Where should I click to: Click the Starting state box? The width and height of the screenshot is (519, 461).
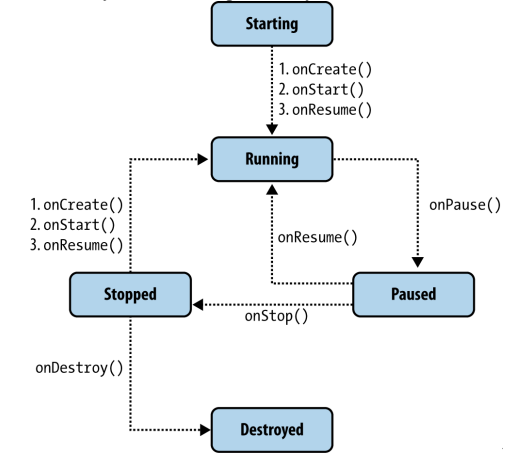(x=272, y=24)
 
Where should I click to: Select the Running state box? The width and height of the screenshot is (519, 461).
(x=272, y=159)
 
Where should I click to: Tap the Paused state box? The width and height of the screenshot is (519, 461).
(x=413, y=294)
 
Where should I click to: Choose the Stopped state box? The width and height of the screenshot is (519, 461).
(x=130, y=294)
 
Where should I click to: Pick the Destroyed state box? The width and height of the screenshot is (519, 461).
(x=272, y=430)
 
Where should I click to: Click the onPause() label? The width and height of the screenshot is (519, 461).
(x=465, y=205)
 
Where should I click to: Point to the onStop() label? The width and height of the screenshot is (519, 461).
(x=276, y=316)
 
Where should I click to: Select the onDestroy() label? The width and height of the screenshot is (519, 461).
(x=79, y=368)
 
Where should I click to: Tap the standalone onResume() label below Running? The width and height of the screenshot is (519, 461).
(x=317, y=238)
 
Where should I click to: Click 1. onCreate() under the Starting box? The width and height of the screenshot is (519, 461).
(x=325, y=70)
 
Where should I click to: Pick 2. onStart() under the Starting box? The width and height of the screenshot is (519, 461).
(x=321, y=90)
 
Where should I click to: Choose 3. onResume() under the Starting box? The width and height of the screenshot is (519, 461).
(x=325, y=110)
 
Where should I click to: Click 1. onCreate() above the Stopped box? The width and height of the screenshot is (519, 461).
(x=77, y=205)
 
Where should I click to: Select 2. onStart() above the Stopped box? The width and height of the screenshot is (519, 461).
(x=73, y=225)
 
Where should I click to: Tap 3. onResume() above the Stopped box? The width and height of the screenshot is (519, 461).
(x=77, y=245)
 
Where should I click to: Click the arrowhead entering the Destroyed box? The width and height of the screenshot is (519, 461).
(x=205, y=430)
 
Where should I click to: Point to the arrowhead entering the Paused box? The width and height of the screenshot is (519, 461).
(x=418, y=262)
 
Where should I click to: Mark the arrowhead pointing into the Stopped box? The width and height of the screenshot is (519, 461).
(x=198, y=305)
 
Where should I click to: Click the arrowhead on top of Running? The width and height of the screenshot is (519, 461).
(x=272, y=129)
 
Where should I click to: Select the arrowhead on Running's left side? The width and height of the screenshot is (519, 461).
(x=203, y=159)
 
